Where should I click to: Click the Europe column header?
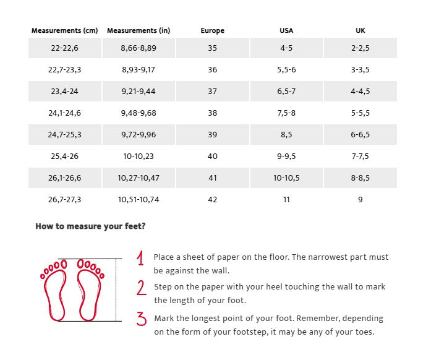click(213, 30)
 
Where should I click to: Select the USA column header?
click(286, 30)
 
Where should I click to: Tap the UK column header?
click(360, 30)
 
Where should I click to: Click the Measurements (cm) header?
click(65, 30)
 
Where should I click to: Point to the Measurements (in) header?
click(139, 30)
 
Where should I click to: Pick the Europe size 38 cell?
click(213, 113)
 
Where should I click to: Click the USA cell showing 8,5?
click(286, 135)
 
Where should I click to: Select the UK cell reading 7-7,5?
click(360, 156)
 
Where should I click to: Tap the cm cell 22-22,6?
click(65, 48)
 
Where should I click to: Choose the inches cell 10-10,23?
click(139, 156)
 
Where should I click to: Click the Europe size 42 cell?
click(213, 200)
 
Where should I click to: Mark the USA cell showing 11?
click(286, 200)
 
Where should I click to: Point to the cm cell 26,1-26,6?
click(65, 178)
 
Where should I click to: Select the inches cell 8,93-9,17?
click(139, 70)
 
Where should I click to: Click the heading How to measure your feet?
click(90, 226)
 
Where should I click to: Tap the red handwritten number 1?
click(141, 259)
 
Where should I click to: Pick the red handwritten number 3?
click(142, 319)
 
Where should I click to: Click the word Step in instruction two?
click(163, 287)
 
